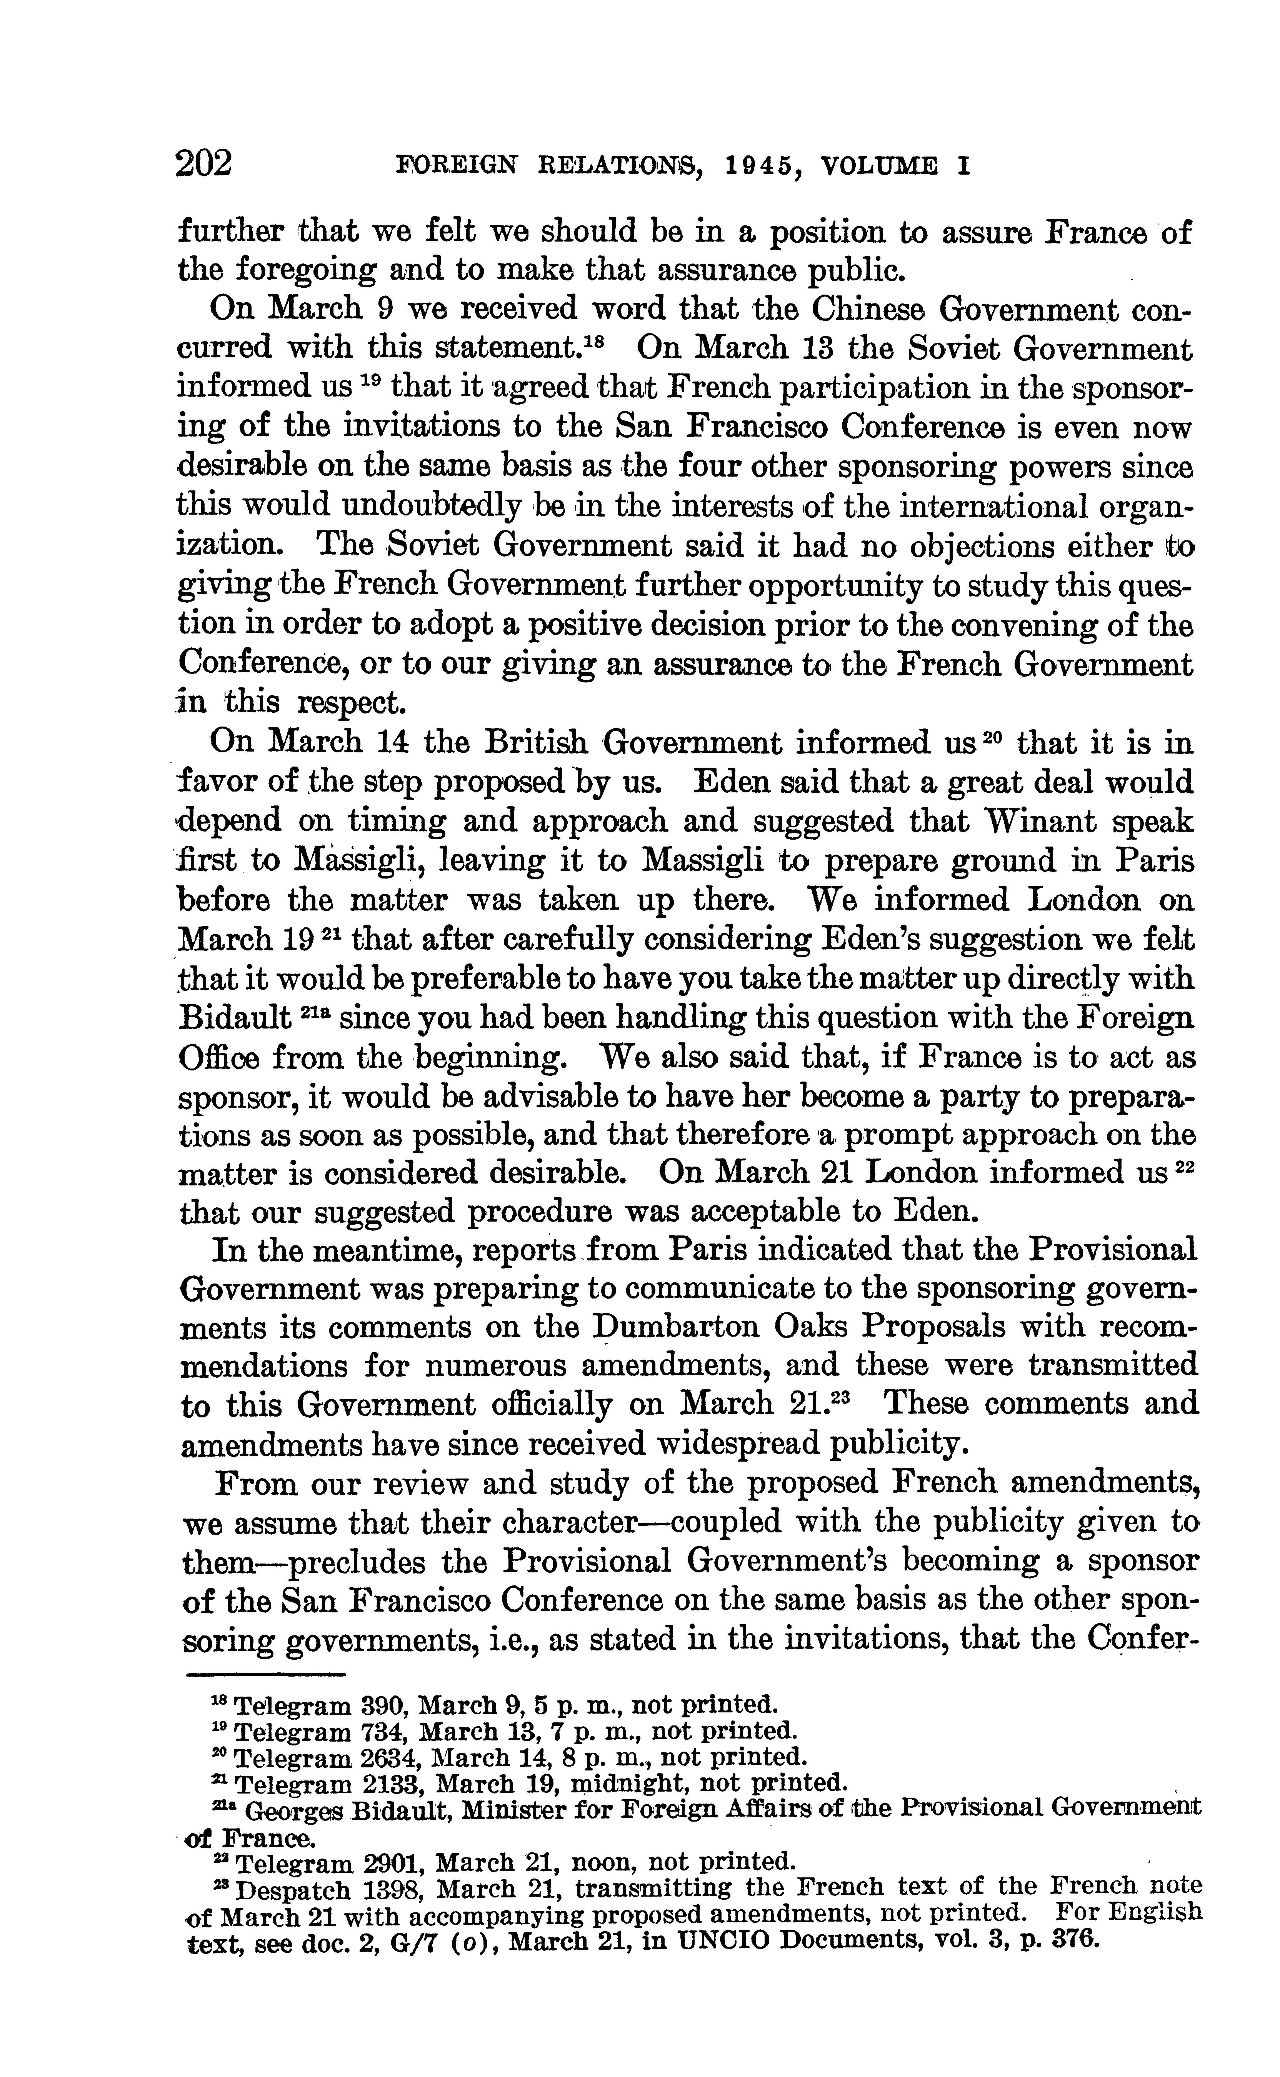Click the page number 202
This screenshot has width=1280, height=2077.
pyautogui.click(x=203, y=162)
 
